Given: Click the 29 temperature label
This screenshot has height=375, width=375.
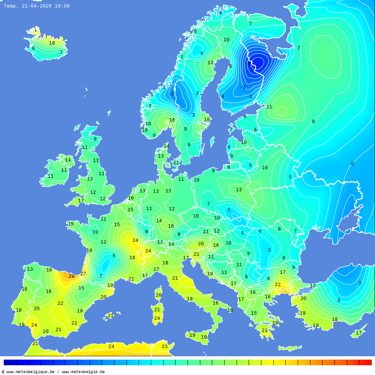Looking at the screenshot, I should (71, 276).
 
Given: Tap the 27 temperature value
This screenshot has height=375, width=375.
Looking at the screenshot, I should (83, 274).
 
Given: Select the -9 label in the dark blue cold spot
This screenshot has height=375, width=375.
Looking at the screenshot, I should (248, 64).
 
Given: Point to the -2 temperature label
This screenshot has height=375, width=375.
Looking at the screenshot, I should (171, 94).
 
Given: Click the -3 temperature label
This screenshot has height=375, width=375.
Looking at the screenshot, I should (243, 87).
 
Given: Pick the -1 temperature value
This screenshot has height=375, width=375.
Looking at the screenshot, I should (249, 96).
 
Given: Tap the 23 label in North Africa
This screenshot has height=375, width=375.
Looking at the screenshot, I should (165, 346).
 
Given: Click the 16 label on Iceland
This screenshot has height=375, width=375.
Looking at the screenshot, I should (52, 43).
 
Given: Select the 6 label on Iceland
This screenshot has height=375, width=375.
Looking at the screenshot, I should (33, 48).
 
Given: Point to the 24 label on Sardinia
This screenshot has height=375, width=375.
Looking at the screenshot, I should (157, 318).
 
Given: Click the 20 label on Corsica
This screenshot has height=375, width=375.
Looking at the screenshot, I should (159, 295).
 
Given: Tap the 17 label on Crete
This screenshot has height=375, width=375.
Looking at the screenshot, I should (359, 333).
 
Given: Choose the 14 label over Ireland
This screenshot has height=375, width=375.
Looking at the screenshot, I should (68, 160).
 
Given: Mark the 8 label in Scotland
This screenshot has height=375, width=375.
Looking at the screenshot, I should (95, 139).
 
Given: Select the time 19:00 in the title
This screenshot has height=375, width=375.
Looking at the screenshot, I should (62, 6).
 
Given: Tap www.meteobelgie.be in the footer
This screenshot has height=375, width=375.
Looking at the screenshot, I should (83, 372).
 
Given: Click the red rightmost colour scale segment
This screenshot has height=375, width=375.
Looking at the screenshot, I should (365, 362).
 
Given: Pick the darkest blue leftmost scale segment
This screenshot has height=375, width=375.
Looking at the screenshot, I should (10, 362).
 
